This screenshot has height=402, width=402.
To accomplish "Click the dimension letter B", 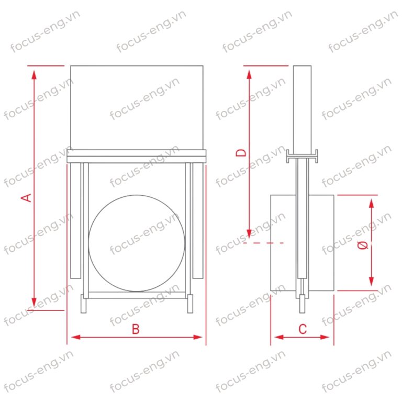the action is [x=136, y=329].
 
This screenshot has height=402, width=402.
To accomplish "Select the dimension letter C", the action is [x=303, y=329].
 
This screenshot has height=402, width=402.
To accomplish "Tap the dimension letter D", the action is [x=241, y=153].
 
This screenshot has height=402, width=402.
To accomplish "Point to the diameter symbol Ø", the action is [x=363, y=245].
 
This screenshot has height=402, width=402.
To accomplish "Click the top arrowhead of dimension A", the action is [x=34, y=74].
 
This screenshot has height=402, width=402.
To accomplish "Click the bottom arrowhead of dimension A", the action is [x=34, y=302].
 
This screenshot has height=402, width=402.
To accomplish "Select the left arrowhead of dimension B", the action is [x=76, y=337].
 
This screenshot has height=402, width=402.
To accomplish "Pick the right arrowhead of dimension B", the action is [x=198, y=337].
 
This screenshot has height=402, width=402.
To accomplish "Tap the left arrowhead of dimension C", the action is [x=279, y=337].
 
